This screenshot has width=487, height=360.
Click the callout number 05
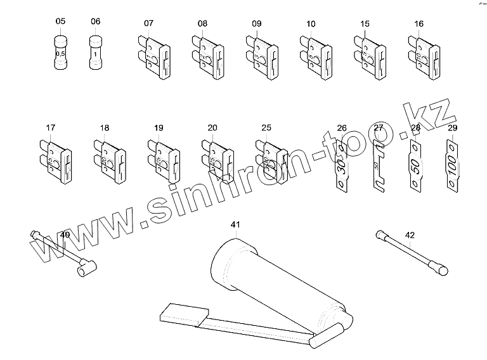pyautogui.click(x=61, y=22)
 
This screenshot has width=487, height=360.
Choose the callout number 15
pyautogui.click(x=365, y=23)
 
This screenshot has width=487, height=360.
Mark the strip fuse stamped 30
pyautogui.click(x=341, y=166)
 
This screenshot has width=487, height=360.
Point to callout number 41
pyautogui.click(x=235, y=224)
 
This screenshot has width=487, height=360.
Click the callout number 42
pyautogui.click(x=410, y=235)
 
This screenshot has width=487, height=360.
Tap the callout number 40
pyautogui.click(x=64, y=235)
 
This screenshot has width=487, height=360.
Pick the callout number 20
pyautogui.click(x=212, y=127)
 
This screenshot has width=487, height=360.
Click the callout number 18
pyautogui.click(x=105, y=127)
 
